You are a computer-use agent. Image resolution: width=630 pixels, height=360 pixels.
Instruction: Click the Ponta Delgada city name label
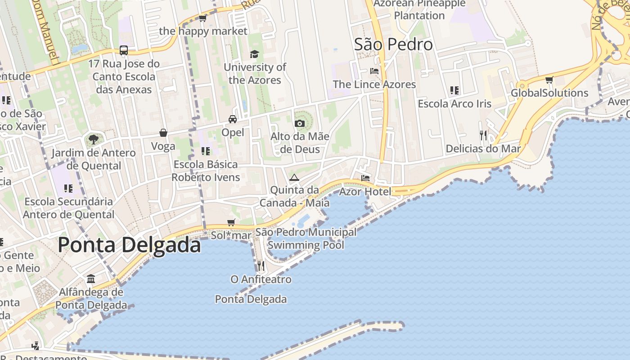coord(129,246)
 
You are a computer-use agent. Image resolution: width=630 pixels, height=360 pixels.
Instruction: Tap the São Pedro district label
coord(393,45)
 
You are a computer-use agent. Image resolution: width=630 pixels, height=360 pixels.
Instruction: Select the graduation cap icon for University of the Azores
coord(254,54)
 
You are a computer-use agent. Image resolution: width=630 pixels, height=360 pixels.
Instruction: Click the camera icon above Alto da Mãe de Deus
coord(300,123)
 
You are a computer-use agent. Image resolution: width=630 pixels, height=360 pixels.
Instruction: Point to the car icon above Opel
coord(233,119)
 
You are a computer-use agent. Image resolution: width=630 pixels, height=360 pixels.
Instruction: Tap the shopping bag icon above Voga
coord(163,133)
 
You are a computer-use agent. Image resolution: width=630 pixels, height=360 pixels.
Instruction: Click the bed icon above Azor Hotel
coord(365,178)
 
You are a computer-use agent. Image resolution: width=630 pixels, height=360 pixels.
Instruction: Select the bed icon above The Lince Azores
coord(374,71)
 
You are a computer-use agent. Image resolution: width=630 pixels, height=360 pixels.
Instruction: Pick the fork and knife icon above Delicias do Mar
coord(483,135)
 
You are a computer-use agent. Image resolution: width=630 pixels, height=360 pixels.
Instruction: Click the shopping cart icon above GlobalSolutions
coord(549,80)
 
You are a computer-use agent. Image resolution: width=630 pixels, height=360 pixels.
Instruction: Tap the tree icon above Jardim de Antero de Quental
coord(94,139)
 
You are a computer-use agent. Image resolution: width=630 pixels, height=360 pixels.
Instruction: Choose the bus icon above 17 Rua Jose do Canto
coord(124,50)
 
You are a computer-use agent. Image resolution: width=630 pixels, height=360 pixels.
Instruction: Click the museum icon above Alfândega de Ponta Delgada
coord(91,279)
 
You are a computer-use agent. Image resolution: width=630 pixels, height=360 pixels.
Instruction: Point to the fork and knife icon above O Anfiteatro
coord(261,266)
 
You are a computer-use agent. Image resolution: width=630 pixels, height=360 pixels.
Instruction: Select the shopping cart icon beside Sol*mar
coord(231,222)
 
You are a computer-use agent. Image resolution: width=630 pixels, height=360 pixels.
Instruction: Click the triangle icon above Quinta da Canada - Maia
coord(294,177)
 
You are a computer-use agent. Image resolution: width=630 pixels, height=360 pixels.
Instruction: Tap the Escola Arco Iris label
coord(454,104)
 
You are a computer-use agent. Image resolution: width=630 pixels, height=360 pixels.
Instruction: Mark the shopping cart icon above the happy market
coord(202,18)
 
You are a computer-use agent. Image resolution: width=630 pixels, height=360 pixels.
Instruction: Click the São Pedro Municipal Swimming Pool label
coord(306,239)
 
